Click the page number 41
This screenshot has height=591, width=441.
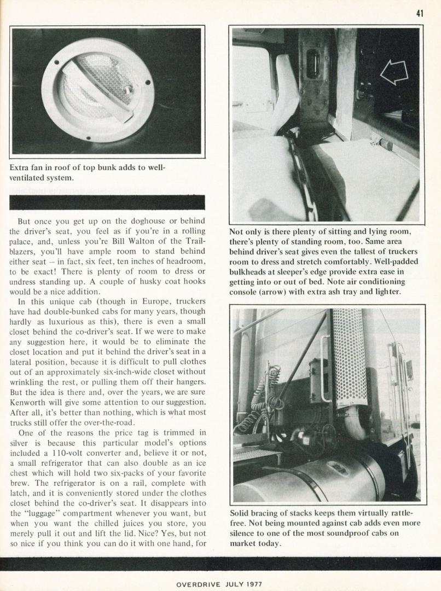coord(419,14)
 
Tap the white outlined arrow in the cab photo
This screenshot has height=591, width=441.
coord(394,72)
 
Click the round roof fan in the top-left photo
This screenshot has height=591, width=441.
coord(97,90)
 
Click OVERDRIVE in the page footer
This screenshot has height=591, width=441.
coord(200,584)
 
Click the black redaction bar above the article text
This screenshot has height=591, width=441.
coord(107,202)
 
